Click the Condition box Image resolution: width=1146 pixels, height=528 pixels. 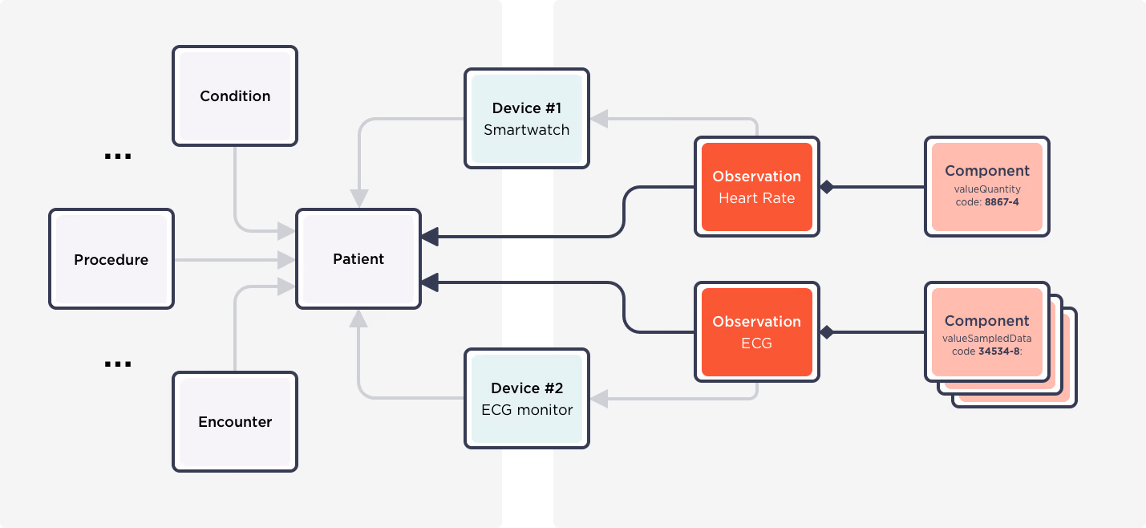tap(235, 96)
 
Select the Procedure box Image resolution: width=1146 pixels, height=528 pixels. tap(111, 259)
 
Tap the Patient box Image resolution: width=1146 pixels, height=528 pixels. tap(358, 259)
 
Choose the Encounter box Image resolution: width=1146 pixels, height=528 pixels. tap(235, 422)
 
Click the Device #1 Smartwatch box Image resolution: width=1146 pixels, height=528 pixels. tap(527, 119)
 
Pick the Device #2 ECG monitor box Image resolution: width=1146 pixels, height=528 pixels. tap(527, 399)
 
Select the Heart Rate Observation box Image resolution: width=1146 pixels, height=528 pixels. tap(757, 187)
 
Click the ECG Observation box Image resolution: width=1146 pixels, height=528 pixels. tap(757, 332)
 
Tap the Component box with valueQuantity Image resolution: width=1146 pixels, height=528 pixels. tap(987, 187)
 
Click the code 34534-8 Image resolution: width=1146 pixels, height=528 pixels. tap(998, 351)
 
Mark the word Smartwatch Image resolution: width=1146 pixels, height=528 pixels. tap(527, 130)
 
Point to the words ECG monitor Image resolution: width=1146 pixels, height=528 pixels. tap(527, 410)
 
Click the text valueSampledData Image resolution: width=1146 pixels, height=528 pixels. tap(987, 339)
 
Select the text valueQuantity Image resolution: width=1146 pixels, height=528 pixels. tap(987, 189)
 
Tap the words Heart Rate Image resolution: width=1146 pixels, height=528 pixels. tap(757, 198)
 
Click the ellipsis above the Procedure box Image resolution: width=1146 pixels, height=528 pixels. tap(118, 156)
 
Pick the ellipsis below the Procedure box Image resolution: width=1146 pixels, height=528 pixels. tap(118, 364)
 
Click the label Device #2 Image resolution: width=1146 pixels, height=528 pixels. tap(527, 388)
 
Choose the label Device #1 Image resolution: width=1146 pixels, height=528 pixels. tap(527, 108)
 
